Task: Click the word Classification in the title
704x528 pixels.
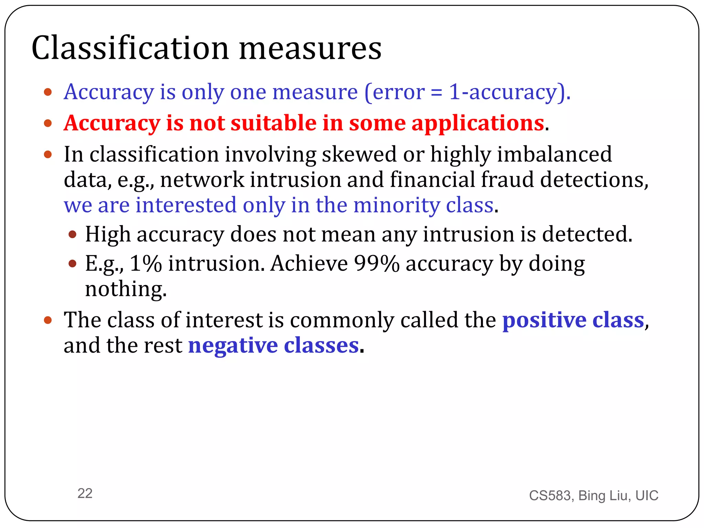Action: pyautogui.click(x=130, y=48)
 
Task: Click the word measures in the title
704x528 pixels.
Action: pyautogui.click(x=310, y=49)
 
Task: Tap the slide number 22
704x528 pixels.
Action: pyautogui.click(x=85, y=493)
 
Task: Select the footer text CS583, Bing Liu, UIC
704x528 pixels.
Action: pyautogui.click(x=593, y=495)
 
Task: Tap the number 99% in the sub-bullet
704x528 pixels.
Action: pyautogui.click(x=376, y=264)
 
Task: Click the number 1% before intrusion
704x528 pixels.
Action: pyautogui.click(x=146, y=264)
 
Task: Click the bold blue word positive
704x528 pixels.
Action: pyautogui.click(x=544, y=320)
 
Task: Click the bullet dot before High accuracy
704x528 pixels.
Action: pyautogui.click(x=72, y=235)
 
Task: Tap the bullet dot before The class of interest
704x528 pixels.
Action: pyautogui.click(x=48, y=320)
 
